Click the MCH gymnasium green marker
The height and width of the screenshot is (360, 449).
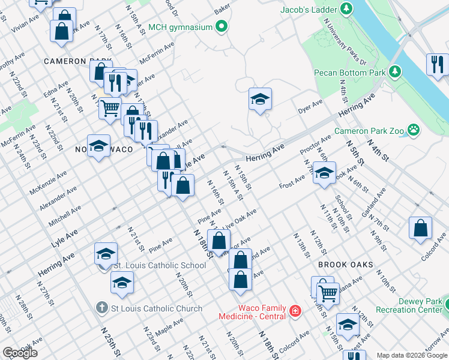(x=221, y=26)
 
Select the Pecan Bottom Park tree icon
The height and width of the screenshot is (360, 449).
(x=394, y=72)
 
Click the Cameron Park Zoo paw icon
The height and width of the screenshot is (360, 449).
(x=413, y=130)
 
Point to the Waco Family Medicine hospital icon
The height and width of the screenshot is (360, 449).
(x=295, y=311)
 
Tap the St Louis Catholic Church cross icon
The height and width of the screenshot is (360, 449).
(x=104, y=308)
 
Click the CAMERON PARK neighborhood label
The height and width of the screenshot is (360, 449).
(x=77, y=61)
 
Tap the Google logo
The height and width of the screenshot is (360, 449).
(x=20, y=353)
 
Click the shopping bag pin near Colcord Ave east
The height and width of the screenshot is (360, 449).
(x=420, y=227)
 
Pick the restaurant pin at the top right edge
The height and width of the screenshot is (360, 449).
(x=437, y=64)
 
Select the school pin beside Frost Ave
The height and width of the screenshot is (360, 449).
(x=324, y=173)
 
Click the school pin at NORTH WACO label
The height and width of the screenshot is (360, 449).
(x=99, y=146)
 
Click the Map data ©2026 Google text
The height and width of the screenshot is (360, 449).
(x=411, y=355)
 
